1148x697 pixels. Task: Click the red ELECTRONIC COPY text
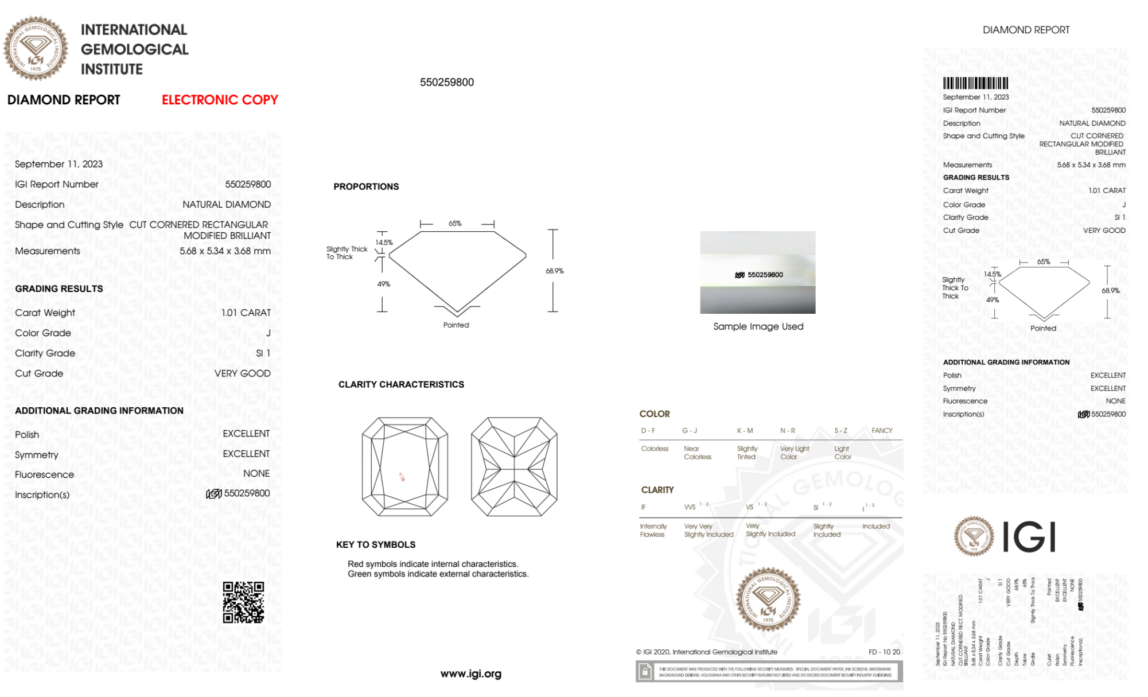220,100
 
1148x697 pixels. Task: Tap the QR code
243,602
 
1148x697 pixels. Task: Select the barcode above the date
975,83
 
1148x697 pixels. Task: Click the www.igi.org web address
470,673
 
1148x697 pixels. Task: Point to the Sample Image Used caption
758,326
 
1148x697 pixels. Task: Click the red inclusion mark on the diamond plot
402,477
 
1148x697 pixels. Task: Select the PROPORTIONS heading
366,186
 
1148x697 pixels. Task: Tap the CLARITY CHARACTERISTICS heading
401,384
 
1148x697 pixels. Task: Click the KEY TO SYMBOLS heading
376,544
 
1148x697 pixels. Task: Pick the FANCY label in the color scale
882,430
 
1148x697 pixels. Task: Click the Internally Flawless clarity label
653,530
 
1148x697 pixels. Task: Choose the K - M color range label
745,430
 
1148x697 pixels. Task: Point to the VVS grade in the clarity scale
690,507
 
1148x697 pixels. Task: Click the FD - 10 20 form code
884,652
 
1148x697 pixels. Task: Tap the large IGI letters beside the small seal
1029,537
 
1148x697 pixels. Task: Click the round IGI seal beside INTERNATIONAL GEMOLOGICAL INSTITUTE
36,48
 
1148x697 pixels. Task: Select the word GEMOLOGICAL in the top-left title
134,49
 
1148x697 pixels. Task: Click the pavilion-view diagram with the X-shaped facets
514,467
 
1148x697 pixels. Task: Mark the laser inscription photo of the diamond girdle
757,272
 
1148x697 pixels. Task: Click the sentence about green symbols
438,574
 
